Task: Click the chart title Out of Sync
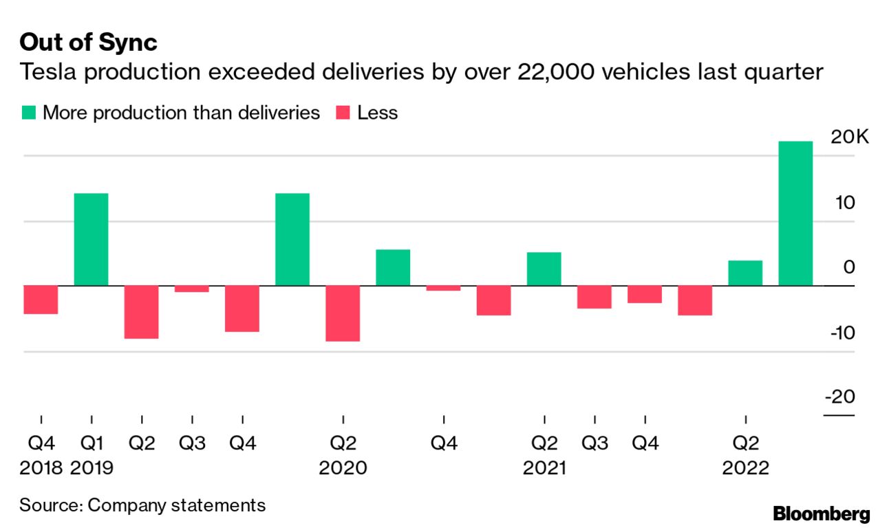(x=88, y=43)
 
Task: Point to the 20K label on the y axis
(x=850, y=137)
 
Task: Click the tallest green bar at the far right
(x=795, y=213)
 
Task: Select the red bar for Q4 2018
(x=41, y=300)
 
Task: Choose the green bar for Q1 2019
(x=92, y=239)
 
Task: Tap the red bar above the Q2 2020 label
(x=343, y=313)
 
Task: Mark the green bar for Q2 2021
(x=544, y=269)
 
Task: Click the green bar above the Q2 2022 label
(x=745, y=273)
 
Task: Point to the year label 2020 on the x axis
(x=343, y=468)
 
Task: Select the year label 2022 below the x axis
(x=745, y=468)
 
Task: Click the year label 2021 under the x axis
(x=544, y=468)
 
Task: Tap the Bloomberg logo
(x=821, y=513)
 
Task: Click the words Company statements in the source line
(x=177, y=505)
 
